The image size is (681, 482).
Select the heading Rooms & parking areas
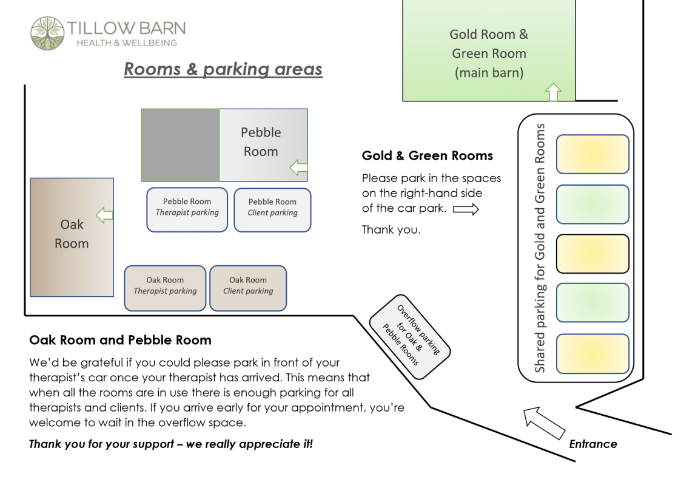click(223, 69)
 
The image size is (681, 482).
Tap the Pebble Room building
click(263, 145)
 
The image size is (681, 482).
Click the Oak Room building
click(72, 237)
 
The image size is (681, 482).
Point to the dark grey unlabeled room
click(180, 145)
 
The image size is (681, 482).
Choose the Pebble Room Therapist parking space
click(187, 209)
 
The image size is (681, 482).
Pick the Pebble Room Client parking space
click(272, 209)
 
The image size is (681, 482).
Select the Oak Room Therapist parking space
click(165, 288)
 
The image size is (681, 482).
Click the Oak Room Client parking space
click(248, 288)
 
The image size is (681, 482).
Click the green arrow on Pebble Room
click(298, 168)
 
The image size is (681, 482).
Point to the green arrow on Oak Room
click(105, 214)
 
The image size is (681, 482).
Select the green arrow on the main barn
click(553, 92)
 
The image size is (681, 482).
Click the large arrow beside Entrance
click(544, 423)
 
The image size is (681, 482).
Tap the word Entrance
click(592, 444)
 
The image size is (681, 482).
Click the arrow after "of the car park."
click(466, 209)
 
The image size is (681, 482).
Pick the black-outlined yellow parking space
click(592, 254)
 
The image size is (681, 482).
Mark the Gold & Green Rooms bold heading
click(427, 156)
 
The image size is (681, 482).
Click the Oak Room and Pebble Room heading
click(120, 340)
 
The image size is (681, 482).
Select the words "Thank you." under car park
click(391, 229)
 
